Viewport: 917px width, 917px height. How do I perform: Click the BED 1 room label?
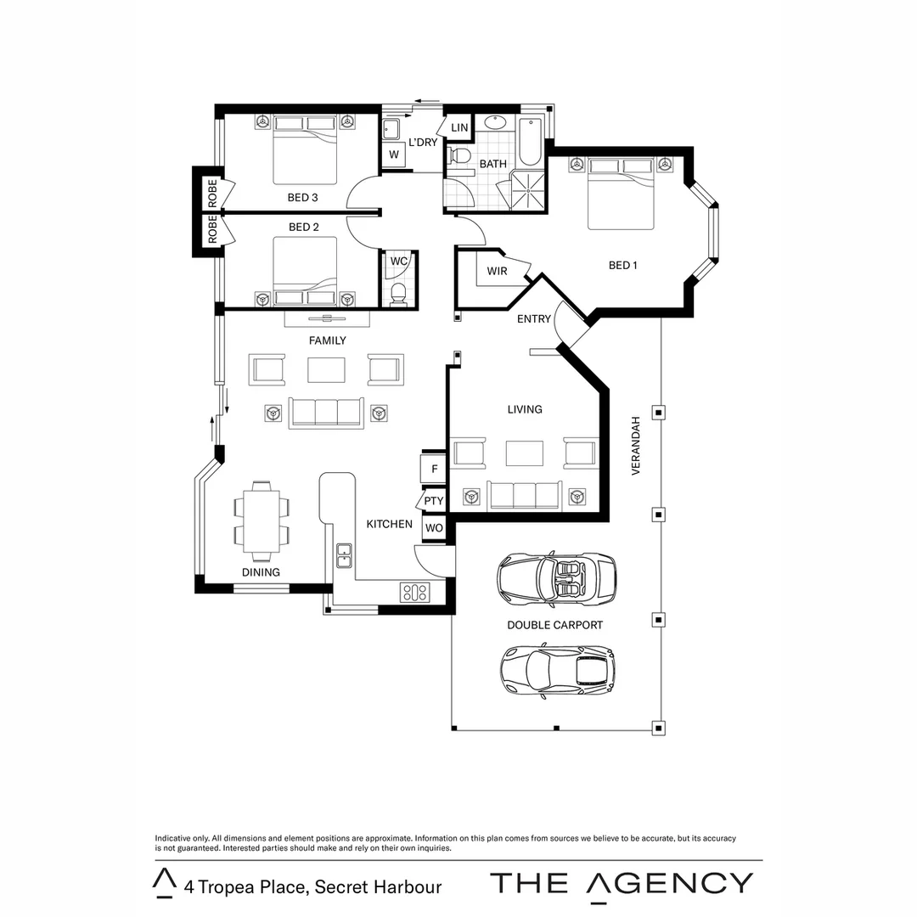622,265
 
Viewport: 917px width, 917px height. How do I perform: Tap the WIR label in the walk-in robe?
497,271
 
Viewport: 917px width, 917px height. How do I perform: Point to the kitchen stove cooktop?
415,592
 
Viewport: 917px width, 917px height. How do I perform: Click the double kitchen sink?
344,554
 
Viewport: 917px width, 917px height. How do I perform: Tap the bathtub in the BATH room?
530,142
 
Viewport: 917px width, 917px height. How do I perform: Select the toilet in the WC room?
398,293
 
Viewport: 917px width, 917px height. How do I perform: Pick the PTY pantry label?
434,501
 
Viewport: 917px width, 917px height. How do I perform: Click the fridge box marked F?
434,469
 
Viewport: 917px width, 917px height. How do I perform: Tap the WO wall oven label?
434,527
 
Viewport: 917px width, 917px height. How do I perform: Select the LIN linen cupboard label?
459,127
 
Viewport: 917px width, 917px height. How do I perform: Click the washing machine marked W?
393,155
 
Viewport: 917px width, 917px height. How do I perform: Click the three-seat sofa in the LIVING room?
524,495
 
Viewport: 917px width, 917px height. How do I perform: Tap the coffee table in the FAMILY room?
326,370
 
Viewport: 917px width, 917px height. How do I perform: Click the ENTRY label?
534,319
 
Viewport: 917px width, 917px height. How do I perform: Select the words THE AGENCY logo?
622,883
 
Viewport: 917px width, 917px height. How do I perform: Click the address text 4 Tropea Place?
312,887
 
